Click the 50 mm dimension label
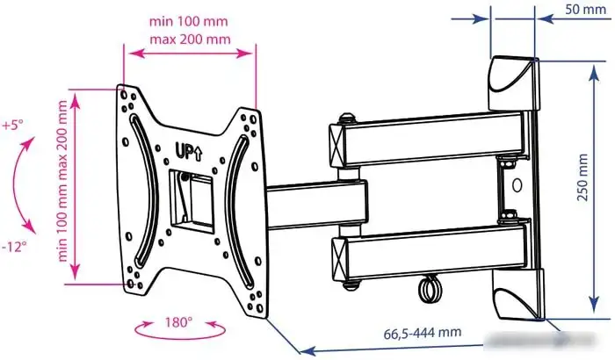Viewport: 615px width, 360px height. tap(585, 9)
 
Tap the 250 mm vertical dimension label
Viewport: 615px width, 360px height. tap(582, 177)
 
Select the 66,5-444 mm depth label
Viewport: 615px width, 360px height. tap(422, 333)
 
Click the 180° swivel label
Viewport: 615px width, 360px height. tap(178, 322)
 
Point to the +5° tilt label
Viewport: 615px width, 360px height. tap(12, 125)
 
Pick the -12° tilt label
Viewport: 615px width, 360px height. tap(14, 247)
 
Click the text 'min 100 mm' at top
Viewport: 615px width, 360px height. tap(188, 21)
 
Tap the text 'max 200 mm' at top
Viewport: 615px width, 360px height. tap(190, 40)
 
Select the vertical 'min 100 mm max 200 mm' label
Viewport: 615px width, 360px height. tap(62, 181)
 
